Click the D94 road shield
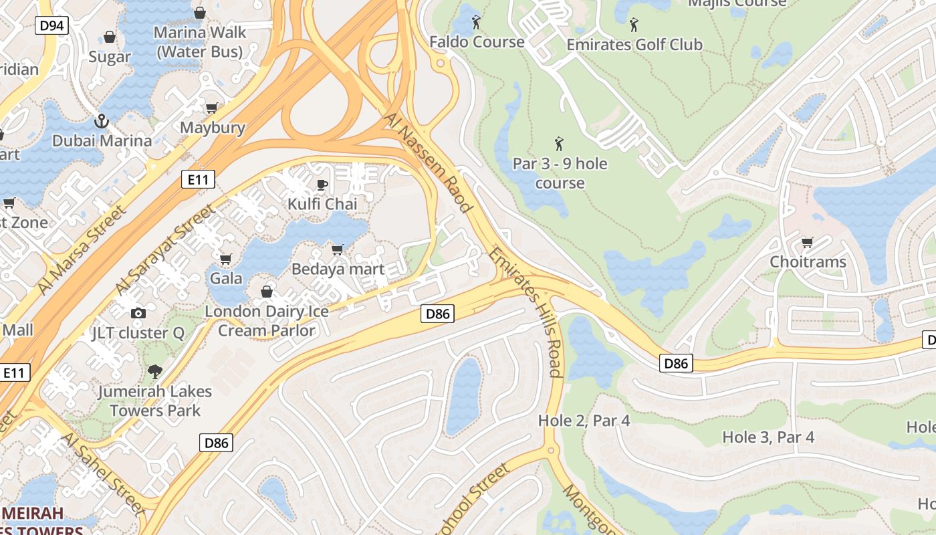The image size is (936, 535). (52, 26)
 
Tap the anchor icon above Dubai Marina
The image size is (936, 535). (102, 121)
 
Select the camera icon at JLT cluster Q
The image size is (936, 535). (138, 313)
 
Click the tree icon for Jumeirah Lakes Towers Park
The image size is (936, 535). (155, 371)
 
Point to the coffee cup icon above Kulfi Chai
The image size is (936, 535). (322, 185)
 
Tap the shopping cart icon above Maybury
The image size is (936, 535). (212, 108)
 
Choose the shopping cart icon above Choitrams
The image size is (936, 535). (808, 242)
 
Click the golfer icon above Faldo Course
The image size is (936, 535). (476, 22)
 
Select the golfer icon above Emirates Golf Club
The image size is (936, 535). (634, 25)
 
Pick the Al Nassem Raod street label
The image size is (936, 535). (429, 163)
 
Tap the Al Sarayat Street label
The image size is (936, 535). (166, 249)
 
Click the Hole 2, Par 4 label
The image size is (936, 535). (584, 421)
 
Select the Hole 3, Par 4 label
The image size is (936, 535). (768, 437)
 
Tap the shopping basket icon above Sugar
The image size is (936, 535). (109, 37)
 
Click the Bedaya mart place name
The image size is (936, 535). (338, 270)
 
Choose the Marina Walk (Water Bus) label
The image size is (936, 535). (199, 41)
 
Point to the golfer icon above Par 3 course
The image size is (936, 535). (559, 143)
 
